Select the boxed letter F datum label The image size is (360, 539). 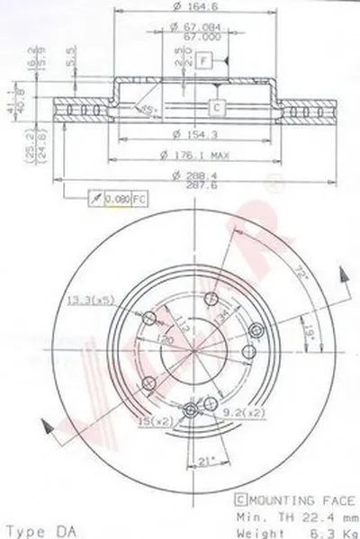tap(204, 60)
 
